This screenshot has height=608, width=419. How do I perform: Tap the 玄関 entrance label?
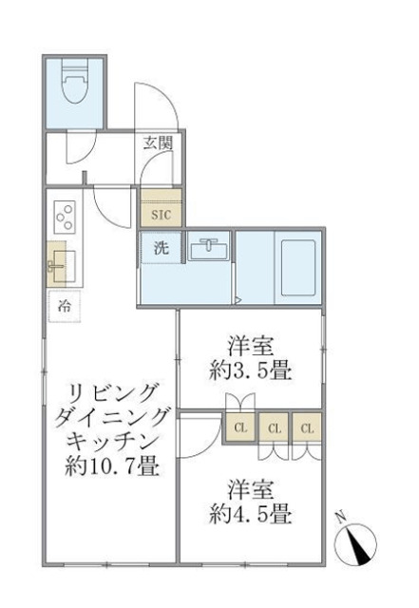tap(158, 143)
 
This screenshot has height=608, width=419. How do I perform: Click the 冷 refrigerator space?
tap(65, 306)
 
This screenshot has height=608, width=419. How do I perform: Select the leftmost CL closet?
tap(238, 428)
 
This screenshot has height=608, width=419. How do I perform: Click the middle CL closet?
tap(273, 428)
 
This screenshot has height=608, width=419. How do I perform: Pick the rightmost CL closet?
tap(306, 428)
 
